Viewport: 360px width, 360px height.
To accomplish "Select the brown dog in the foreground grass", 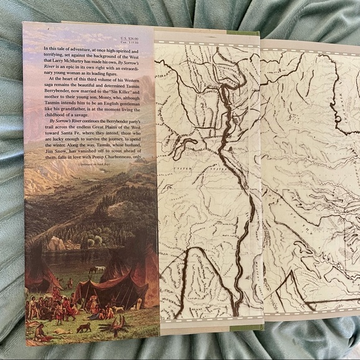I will click(x=79, y=326).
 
